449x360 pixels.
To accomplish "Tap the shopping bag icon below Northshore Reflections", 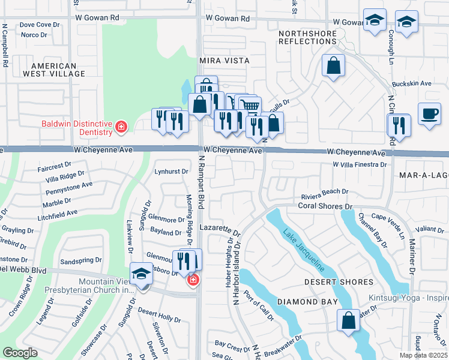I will tap(333, 65).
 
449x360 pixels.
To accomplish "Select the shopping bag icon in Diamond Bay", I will tap(348, 320).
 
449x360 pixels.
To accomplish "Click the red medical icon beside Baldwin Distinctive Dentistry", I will tap(121, 127).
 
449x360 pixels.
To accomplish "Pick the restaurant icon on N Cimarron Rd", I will tap(399, 125).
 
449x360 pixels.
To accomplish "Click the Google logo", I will tap(20, 353).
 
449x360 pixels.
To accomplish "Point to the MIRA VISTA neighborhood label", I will tap(223, 61).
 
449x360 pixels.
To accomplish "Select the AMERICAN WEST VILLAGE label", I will tap(53, 70).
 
